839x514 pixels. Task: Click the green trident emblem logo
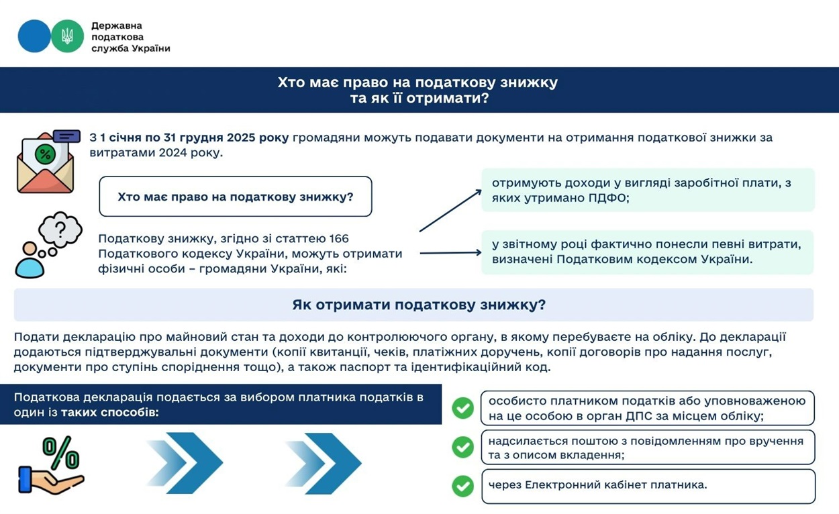67,36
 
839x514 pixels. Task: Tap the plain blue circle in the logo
34,36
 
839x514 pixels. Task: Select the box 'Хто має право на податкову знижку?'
235,197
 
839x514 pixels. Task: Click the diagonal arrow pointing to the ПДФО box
450,211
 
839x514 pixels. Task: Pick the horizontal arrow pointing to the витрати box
450,253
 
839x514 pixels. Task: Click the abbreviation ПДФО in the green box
608,199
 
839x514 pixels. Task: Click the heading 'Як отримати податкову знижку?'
419,305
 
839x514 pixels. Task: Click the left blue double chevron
184,463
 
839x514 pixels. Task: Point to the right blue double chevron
323,463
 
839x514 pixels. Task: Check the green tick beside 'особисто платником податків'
462,408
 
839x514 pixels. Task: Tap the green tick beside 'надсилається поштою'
462,448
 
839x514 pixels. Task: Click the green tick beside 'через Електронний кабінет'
462,486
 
